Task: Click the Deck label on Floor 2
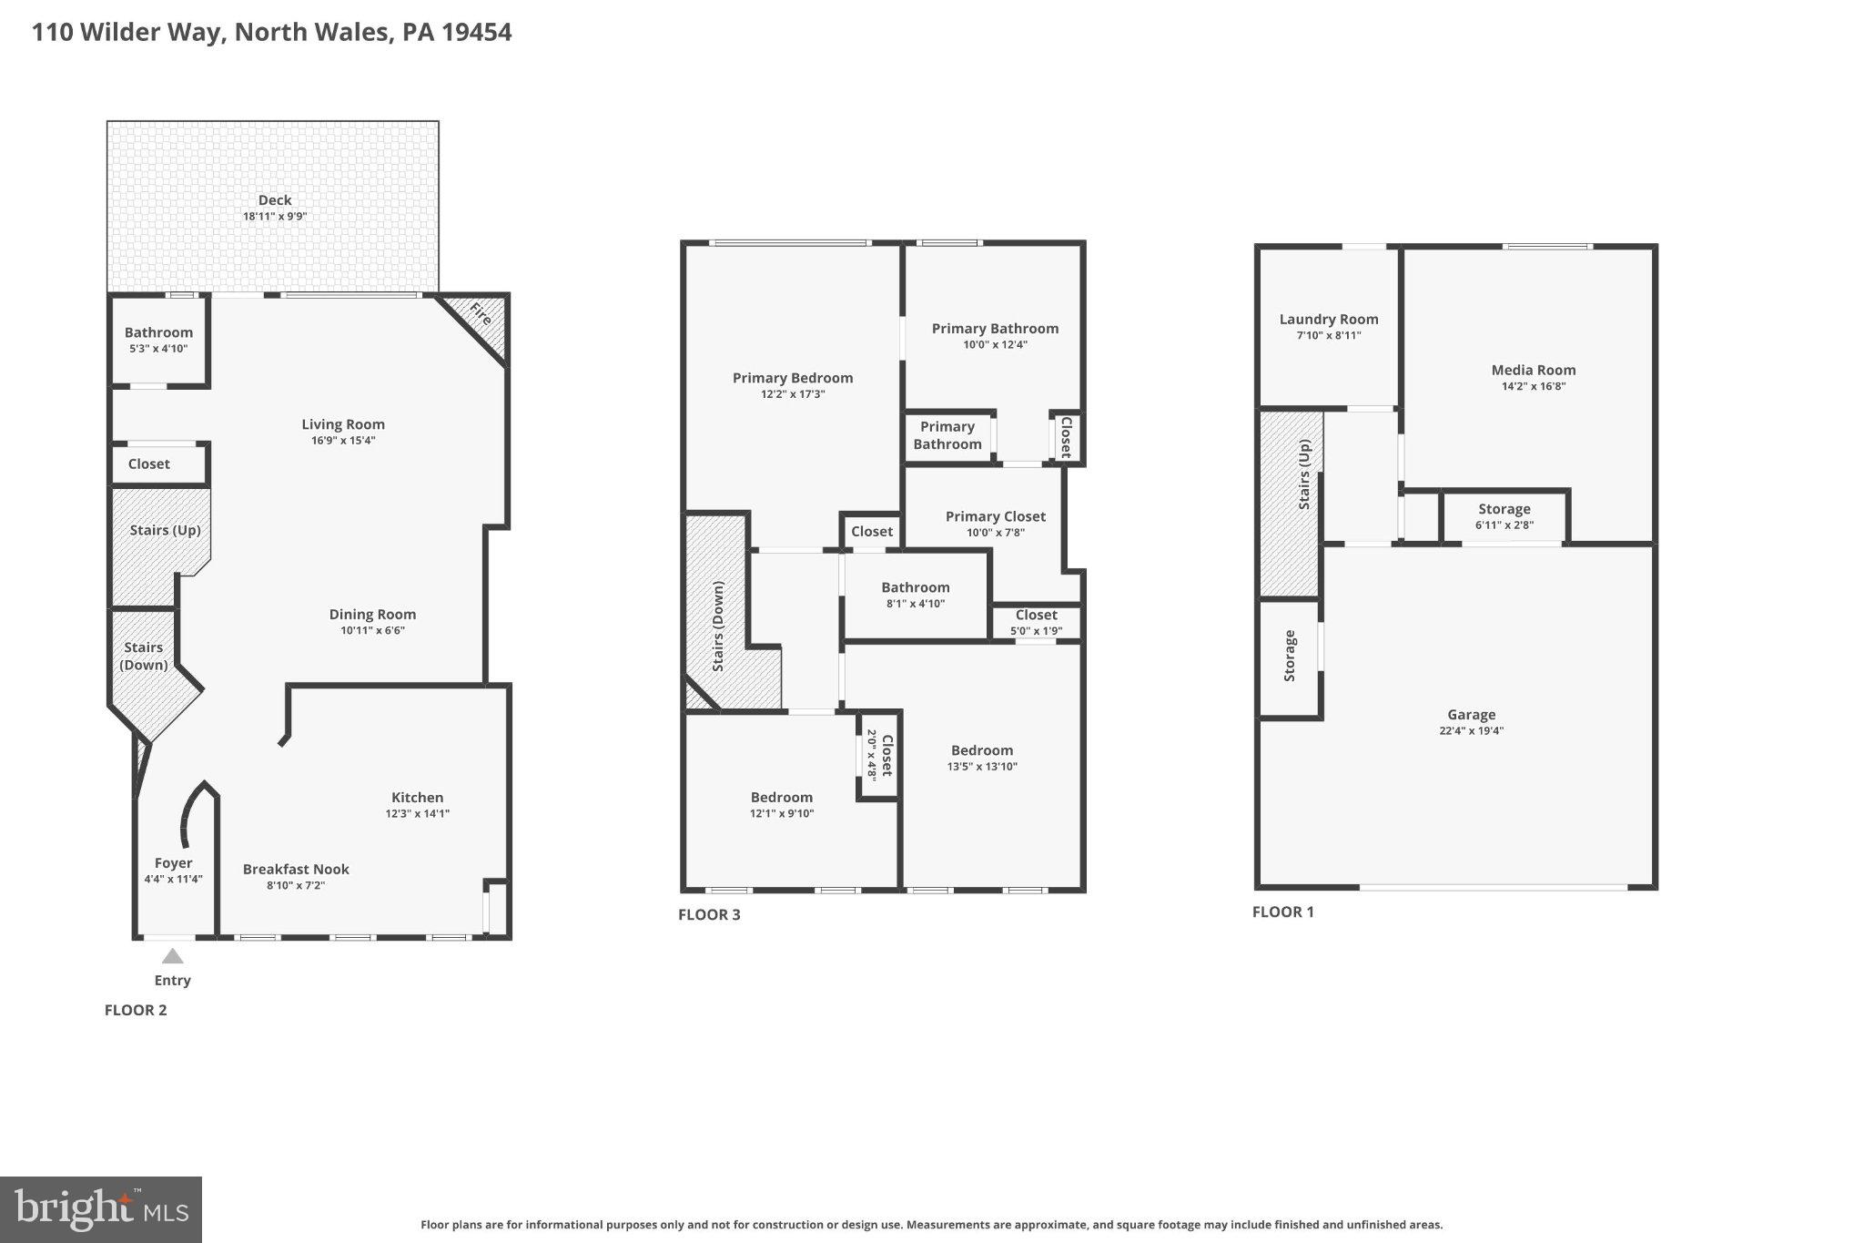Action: (274, 200)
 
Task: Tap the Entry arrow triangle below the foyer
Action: (172, 956)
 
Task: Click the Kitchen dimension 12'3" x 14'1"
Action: (417, 814)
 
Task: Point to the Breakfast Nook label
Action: (296, 870)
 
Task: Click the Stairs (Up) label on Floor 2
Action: (165, 530)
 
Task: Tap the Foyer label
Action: (173, 863)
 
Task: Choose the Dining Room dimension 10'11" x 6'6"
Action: (372, 630)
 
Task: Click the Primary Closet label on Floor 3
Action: (995, 516)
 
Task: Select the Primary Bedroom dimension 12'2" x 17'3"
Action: (792, 394)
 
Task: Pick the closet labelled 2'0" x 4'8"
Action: (879, 755)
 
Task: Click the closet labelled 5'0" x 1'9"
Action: (1036, 623)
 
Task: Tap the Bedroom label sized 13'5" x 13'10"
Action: (981, 750)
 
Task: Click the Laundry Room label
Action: (1328, 319)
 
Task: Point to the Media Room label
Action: (1533, 370)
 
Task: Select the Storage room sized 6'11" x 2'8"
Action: (1504, 516)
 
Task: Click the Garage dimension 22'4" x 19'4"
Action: (1471, 730)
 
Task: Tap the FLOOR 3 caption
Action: (709, 914)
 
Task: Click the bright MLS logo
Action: (101, 1209)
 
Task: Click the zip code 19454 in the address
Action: (477, 33)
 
